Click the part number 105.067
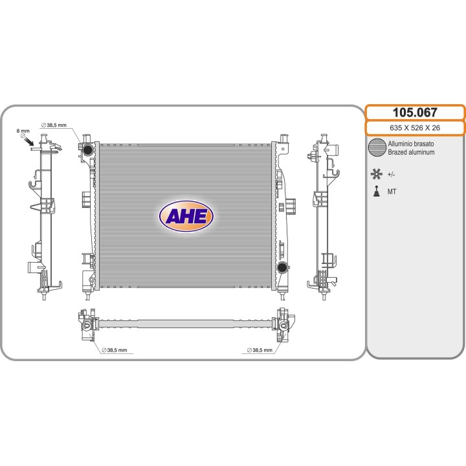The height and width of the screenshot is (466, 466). coord(415,113)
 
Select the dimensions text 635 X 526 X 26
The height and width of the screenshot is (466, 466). coord(415,128)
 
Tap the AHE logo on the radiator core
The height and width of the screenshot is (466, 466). coord(186,216)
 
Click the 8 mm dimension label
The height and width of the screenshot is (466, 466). coord(23,131)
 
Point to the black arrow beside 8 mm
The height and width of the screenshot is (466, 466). coord(29,141)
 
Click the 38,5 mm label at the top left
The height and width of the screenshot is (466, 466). coord(54,125)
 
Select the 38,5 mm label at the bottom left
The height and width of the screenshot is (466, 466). coord(115,350)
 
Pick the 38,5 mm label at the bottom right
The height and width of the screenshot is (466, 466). coord(260,350)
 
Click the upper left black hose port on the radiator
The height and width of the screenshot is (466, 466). coord(88,150)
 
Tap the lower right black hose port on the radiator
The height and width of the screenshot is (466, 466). coord(282,267)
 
